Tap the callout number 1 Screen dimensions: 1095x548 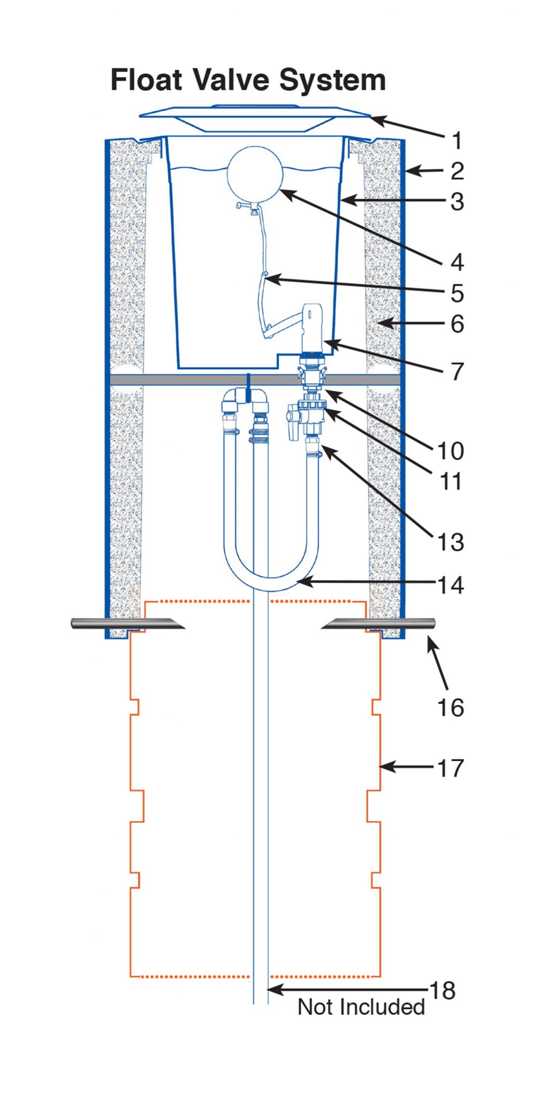coord(456,141)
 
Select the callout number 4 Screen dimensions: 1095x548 coord(456,262)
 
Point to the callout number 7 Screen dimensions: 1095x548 coord(456,372)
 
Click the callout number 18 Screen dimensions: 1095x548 coord(443,990)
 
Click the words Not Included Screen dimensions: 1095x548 coord(361,1007)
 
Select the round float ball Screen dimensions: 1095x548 coord(254,175)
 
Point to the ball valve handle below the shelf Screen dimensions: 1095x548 coord(293,426)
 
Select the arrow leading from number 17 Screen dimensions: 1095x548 coord(407,767)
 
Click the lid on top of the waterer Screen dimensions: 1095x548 coord(255,118)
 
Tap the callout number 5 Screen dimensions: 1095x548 coord(456,293)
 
